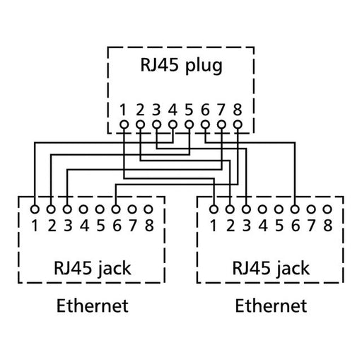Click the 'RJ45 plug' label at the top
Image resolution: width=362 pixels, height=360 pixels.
181,66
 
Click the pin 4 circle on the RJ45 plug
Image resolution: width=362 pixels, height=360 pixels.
173,125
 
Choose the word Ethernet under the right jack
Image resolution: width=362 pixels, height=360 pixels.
271,306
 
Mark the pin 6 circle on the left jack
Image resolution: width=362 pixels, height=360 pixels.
116,209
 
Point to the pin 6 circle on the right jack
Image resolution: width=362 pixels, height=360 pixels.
296,209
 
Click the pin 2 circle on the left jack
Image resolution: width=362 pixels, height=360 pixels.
51,209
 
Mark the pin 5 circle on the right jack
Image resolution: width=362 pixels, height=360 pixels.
279,209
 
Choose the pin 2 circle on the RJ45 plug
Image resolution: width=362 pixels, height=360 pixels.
140,125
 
